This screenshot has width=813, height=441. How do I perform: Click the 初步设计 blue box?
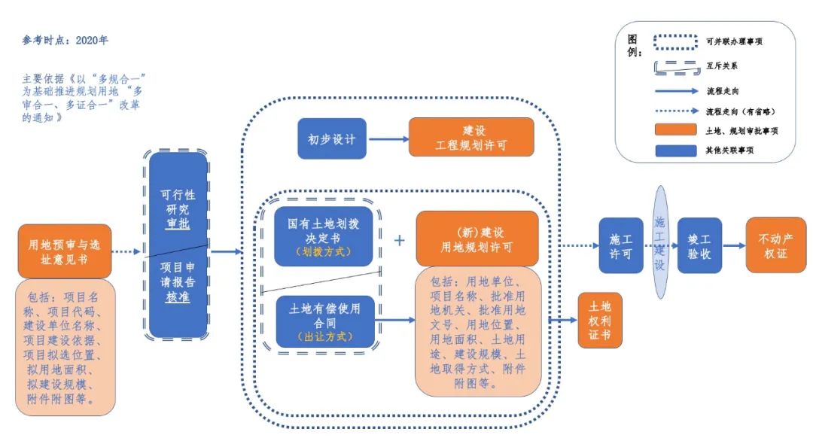coord(331,138)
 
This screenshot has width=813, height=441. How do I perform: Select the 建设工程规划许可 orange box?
coord(471,137)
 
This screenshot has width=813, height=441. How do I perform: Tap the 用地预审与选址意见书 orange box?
coord(65,251)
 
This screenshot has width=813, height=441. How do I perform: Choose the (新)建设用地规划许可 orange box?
coord(477,238)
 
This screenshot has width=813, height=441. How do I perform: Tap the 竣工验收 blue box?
coord(699,247)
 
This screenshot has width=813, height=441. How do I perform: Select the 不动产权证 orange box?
coord(775,245)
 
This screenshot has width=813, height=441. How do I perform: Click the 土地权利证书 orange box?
coord(599,320)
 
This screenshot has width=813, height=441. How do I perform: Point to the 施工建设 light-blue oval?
coord(659,245)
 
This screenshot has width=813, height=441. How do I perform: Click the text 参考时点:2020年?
coord(65,40)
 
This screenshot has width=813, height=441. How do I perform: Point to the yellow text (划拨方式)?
coord(324,251)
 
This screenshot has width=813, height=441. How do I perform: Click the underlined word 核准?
coord(178,297)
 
